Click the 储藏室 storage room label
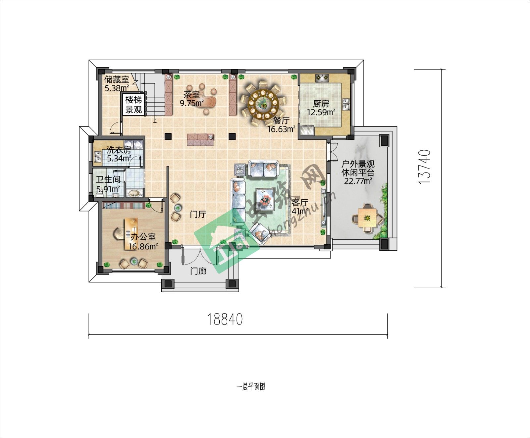[117, 80]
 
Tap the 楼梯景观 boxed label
[134, 105]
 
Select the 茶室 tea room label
[192, 95]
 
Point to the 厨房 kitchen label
[321, 104]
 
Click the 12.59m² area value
[321, 112]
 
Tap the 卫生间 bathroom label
[108, 180]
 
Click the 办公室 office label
[143, 237]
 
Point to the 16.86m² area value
[143, 246]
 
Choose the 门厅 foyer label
[198, 215]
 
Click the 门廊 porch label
[198, 271]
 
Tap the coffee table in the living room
[265, 199]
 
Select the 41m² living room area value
[300, 211]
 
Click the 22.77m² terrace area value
[358, 181]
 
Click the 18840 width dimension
[225, 319]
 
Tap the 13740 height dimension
[424, 167]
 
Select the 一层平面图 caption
[251, 387]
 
